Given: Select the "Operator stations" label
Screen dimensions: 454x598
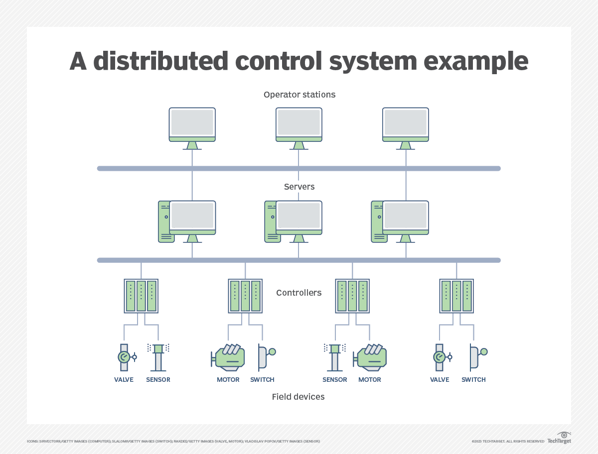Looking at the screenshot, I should point(299,95).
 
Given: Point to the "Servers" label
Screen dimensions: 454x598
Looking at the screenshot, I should point(299,187).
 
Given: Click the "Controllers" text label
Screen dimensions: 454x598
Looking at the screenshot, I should point(299,293).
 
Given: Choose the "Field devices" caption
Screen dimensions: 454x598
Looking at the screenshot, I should point(298,397).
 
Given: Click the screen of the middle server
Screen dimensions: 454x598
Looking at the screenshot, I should point(299,216).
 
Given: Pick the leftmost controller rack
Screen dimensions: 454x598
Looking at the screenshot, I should point(141,296).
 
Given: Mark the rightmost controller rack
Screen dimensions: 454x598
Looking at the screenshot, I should point(456,296).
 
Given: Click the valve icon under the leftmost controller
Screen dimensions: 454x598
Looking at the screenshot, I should point(125,357).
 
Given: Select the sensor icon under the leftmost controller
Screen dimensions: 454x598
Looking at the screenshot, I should point(158,357).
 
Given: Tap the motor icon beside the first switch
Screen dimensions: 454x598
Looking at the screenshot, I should point(228,357).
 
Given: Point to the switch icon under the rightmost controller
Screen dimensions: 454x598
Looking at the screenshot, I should point(475,357).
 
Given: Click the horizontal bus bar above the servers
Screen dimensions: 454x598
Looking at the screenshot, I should point(299,168).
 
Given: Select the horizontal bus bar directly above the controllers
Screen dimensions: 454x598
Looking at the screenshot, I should point(299,260).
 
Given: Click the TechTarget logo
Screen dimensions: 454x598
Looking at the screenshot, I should point(559,438).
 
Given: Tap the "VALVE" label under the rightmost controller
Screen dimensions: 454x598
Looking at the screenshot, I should point(440,380).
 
